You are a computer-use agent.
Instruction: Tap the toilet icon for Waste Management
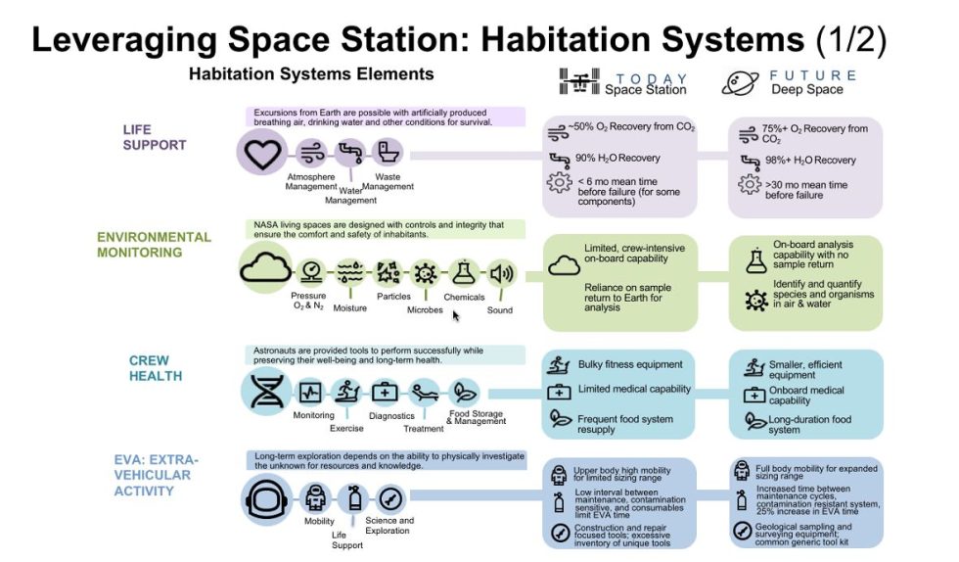point(387,154)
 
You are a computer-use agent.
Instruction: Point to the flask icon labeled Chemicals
point(464,273)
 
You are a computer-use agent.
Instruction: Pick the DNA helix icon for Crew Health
point(266,393)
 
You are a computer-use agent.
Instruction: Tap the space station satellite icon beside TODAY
point(576,82)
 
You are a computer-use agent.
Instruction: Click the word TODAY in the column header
point(653,77)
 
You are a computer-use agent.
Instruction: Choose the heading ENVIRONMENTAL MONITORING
point(154,245)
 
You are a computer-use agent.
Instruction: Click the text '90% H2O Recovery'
point(618,158)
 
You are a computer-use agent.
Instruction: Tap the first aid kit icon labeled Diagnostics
point(386,393)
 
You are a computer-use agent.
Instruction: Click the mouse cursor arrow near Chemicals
point(456,315)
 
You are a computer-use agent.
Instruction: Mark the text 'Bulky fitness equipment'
point(629,364)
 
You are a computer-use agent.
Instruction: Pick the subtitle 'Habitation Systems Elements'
point(311,74)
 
